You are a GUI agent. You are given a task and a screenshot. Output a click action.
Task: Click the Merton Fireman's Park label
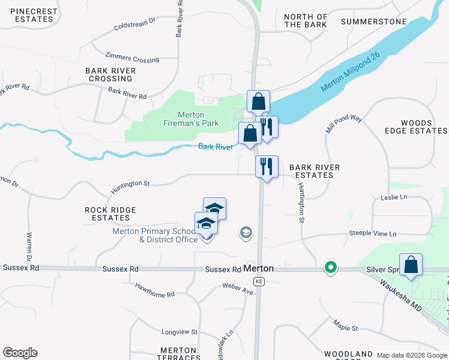click(x=199, y=119)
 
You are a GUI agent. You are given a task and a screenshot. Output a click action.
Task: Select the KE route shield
click(x=259, y=281)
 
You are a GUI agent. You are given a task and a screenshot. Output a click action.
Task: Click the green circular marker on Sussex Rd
click(x=330, y=268)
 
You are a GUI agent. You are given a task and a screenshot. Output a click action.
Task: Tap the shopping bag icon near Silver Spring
click(x=411, y=265)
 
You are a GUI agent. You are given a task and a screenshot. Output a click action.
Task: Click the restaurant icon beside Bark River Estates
click(x=267, y=166)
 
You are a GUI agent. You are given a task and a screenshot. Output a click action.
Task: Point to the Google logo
click(x=20, y=353)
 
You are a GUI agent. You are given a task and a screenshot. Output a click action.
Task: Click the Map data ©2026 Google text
click(x=412, y=355)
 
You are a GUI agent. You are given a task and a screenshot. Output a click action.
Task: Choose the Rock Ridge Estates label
click(x=110, y=214)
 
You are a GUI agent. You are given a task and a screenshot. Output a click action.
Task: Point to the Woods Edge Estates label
click(x=416, y=127)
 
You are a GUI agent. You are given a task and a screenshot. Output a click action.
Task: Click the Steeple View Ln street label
click(x=373, y=233)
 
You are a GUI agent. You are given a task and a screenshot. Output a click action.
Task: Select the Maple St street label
click(x=346, y=328)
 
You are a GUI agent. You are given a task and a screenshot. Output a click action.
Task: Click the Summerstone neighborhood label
click(x=373, y=22)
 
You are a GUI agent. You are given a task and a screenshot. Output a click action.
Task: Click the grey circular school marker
click(x=245, y=232)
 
